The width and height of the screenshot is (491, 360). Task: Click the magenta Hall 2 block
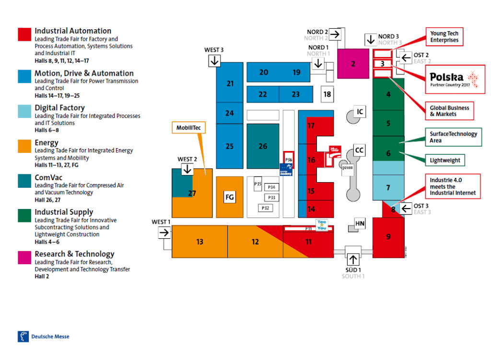click(353, 63)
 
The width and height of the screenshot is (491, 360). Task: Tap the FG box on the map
click(230, 197)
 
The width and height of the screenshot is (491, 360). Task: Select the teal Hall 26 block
click(263, 146)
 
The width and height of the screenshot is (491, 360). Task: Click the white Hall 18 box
click(327, 94)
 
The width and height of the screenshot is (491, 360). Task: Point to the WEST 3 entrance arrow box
click(214, 61)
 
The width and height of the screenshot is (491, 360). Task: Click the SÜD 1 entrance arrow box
click(353, 259)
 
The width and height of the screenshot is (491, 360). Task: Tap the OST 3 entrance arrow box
click(406, 209)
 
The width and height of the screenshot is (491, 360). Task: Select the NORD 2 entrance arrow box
click(334, 34)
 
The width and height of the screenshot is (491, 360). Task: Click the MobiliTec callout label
click(188, 128)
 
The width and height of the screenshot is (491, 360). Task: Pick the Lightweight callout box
click(445, 160)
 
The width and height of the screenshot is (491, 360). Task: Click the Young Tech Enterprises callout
click(444, 37)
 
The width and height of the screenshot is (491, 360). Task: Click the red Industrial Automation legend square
click(24, 35)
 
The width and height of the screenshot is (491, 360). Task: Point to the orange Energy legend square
click(24, 146)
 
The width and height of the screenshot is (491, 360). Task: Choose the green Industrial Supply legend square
click(24, 215)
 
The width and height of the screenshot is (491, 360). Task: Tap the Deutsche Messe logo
click(44, 336)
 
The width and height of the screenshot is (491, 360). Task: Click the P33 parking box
click(272, 197)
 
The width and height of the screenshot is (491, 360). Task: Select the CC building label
click(359, 151)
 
